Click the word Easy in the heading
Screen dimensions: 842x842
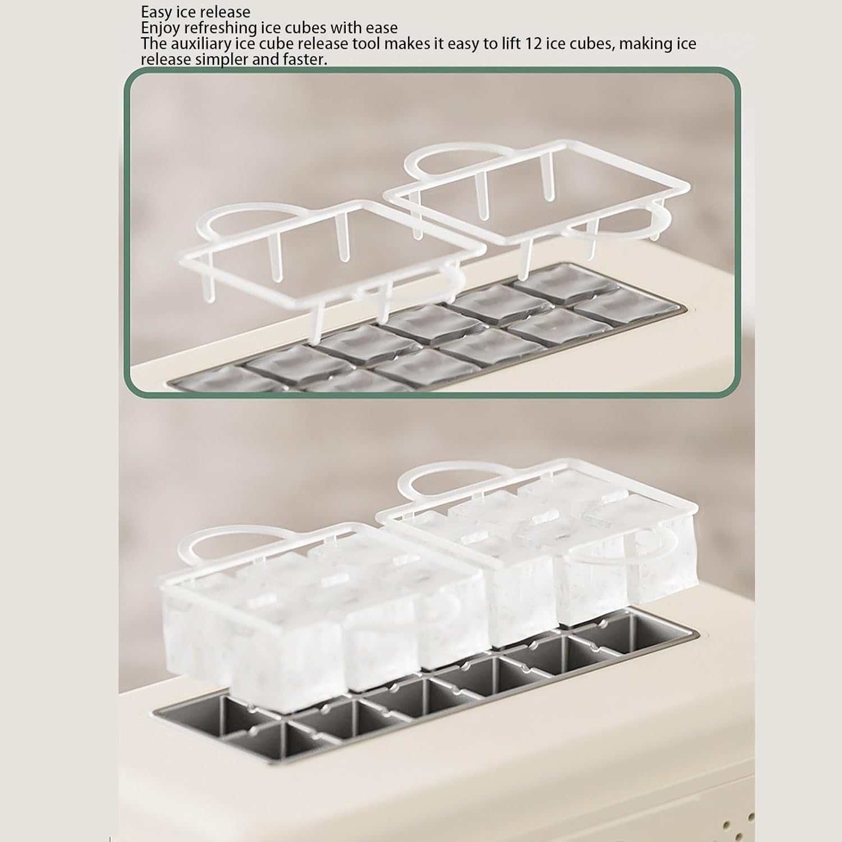coord(157,12)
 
